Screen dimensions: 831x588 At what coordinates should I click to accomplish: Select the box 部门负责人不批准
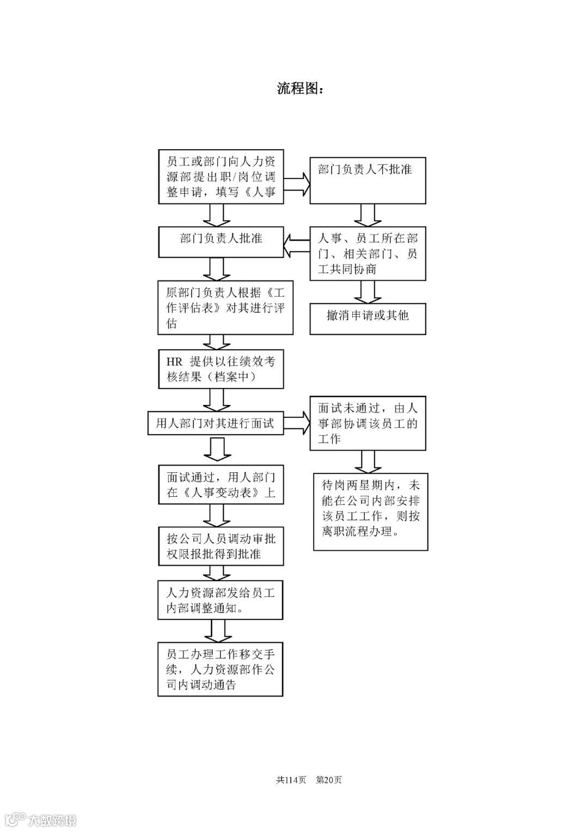point(367,181)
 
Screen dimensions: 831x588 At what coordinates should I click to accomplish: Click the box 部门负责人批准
point(220,242)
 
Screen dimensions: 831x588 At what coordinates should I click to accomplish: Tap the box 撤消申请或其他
point(367,318)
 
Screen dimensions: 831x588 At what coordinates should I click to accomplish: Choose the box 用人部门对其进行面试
point(216,423)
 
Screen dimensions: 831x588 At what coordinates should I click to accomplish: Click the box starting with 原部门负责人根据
point(225,308)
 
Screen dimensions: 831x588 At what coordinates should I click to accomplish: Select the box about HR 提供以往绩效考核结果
point(220,370)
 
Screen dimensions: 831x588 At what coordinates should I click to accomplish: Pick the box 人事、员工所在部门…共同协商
point(367,254)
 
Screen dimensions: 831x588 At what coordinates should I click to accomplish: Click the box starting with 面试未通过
point(367,423)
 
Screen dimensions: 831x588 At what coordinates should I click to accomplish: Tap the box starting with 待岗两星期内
point(371,511)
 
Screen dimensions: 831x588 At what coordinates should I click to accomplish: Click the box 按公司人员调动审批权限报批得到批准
point(220,546)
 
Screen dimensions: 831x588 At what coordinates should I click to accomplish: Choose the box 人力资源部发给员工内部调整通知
point(220,600)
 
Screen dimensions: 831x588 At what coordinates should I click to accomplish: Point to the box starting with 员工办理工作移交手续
point(220,669)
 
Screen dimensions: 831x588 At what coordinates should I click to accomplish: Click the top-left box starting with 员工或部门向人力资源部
point(220,177)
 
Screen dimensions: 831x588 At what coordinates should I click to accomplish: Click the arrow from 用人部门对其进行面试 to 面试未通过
point(297,423)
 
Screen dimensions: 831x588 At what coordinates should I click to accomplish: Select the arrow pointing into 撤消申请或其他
point(367,292)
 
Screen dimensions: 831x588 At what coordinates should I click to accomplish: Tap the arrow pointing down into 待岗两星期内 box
point(367,462)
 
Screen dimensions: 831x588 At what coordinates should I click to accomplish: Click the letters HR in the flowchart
point(174,362)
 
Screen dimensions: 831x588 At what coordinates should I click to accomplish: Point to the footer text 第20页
point(329,780)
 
